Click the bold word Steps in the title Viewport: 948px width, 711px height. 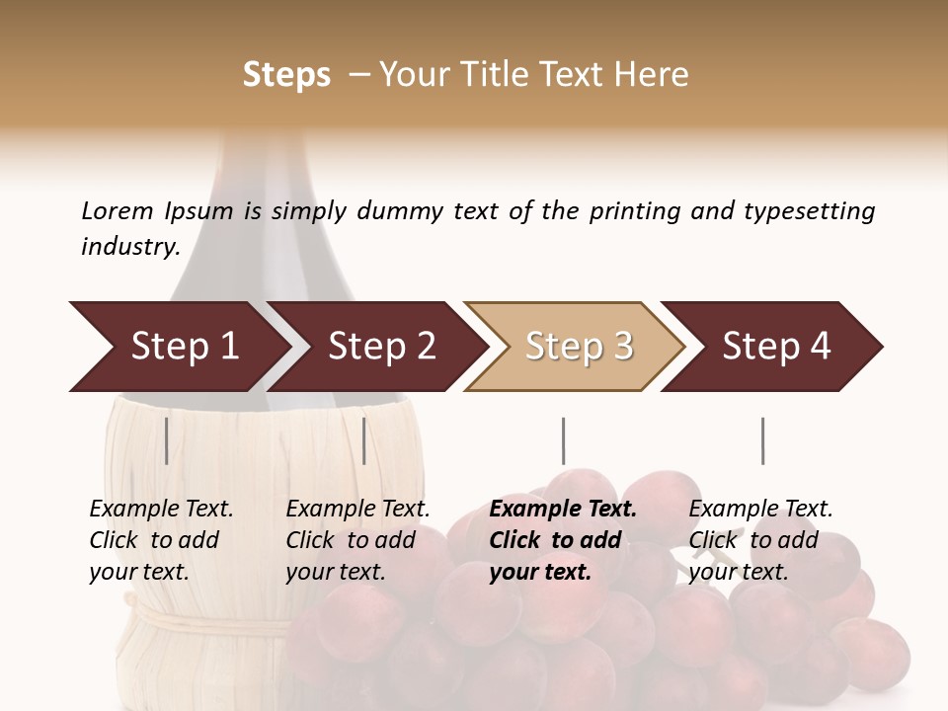[x=286, y=75]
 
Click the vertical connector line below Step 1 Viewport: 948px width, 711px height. [x=167, y=440]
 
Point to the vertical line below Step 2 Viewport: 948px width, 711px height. [x=364, y=440]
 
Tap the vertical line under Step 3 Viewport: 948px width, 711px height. [x=563, y=440]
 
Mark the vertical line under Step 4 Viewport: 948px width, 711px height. [x=762, y=440]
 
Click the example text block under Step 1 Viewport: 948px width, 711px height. [x=161, y=540]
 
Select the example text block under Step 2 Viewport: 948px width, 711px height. [x=357, y=540]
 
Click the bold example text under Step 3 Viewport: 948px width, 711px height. [x=562, y=540]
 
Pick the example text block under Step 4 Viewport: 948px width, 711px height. [x=760, y=540]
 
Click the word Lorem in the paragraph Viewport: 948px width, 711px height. [x=117, y=211]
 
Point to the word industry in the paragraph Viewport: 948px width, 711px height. [x=129, y=247]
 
